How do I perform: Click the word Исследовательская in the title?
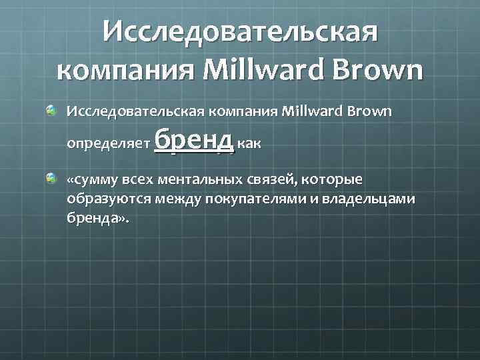pos(240,32)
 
